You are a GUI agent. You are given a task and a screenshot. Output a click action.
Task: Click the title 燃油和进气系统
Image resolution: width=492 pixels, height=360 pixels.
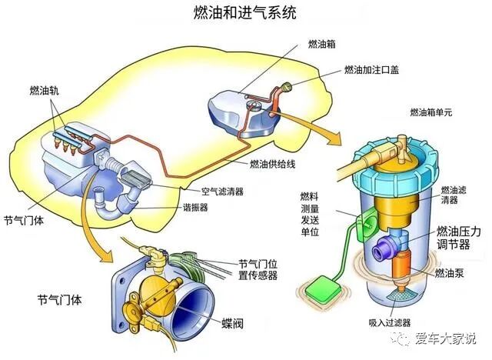click(246, 13)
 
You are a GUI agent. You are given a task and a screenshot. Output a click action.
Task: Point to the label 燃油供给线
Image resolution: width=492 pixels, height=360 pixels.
click(274, 164)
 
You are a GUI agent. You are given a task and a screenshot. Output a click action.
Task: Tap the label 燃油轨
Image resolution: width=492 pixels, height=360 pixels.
click(43, 89)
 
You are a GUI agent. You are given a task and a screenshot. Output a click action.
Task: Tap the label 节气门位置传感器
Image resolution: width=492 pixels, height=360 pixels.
click(258, 269)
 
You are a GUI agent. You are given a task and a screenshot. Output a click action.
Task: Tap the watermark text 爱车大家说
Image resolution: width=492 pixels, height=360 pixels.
click(447, 338)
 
